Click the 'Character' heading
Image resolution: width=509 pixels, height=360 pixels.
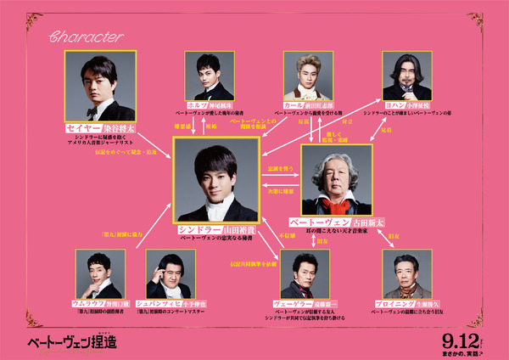point(87,37)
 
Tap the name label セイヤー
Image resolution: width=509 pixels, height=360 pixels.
point(84,128)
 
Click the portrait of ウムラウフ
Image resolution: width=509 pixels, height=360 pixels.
point(100,273)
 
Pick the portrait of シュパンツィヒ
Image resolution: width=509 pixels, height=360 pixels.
point(171,273)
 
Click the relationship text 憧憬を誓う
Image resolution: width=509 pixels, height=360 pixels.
point(279,170)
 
